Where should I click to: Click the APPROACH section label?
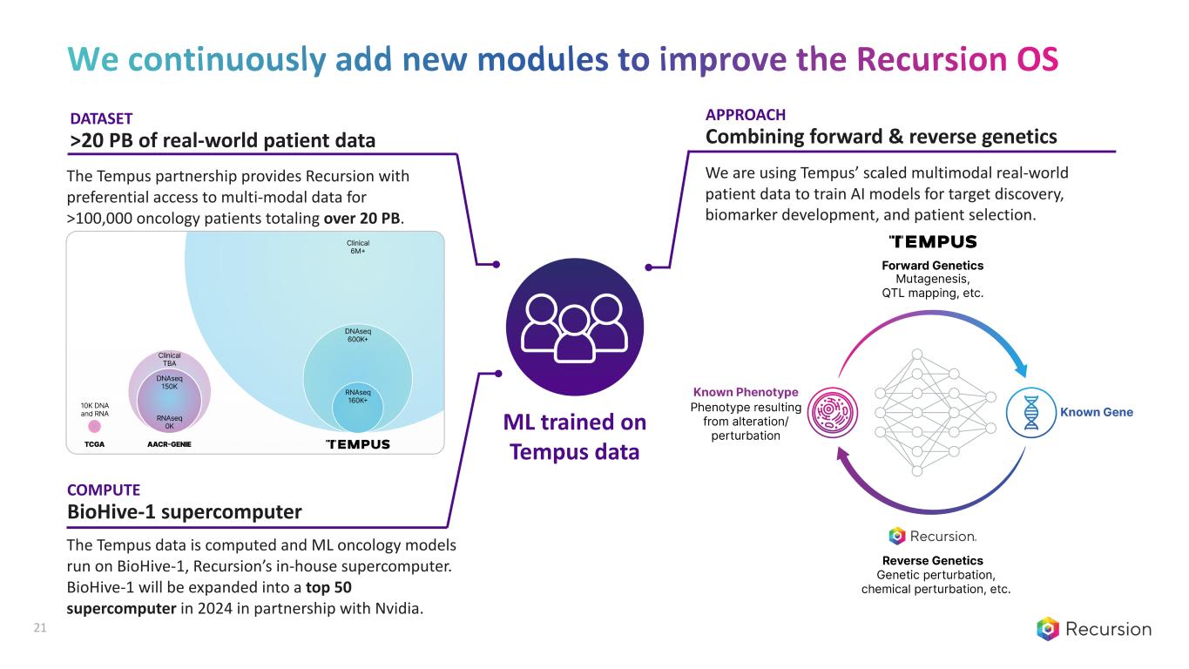tap(746, 115)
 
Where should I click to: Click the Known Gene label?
tap(1097, 412)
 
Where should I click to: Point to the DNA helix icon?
tap(1031, 412)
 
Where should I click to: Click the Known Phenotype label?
tap(745, 393)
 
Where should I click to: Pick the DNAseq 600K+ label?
tap(356, 336)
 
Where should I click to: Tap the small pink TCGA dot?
tap(95, 426)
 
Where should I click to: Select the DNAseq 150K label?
tap(169, 382)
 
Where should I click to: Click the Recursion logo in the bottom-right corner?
tap(1093, 629)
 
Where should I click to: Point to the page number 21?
tap(38, 628)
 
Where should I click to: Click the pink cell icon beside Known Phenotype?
tap(825, 412)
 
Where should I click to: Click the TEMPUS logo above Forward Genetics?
tap(932, 241)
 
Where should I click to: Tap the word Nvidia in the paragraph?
tap(398, 608)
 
